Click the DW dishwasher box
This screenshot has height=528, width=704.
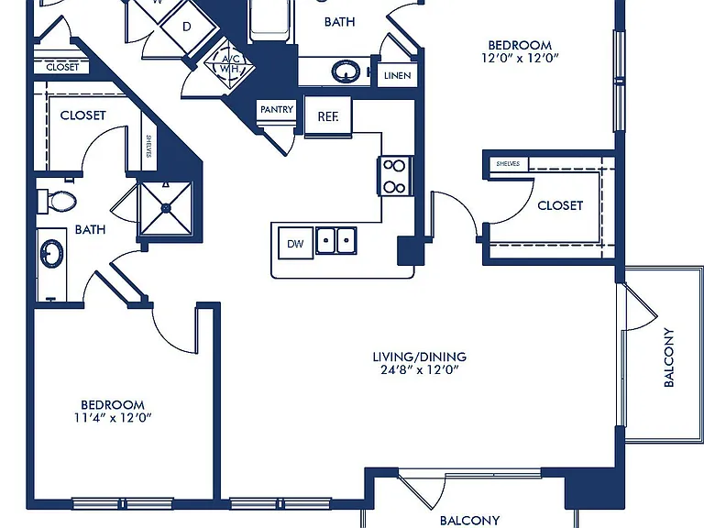[x=295, y=243]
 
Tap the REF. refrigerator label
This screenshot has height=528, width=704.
[x=328, y=116]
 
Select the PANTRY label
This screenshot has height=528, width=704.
[x=277, y=109]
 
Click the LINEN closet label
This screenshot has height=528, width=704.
[x=397, y=75]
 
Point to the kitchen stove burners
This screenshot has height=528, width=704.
[x=395, y=176]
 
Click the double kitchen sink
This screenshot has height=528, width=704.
[x=336, y=241]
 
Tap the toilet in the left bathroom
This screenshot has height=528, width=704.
[x=57, y=201]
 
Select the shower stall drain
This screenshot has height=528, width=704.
[x=166, y=208]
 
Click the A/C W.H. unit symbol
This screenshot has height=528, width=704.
[x=229, y=63]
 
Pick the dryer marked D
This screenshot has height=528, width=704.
[x=187, y=27]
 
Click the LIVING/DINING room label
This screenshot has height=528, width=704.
[x=419, y=357]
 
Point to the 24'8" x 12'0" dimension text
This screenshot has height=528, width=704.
[x=419, y=370]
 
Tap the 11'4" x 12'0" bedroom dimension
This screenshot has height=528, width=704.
[x=113, y=418]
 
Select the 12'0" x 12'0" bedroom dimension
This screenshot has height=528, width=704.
[x=520, y=58]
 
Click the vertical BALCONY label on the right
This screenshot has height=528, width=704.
[x=669, y=357]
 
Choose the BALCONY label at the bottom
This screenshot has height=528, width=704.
[x=469, y=521]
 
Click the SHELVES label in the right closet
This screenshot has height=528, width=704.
[x=508, y=164]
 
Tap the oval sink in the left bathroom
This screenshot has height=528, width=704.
[x=51, y=254]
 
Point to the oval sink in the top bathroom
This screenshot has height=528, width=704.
[x=346, y=71]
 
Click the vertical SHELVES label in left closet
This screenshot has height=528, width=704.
[x=148, y=147]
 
